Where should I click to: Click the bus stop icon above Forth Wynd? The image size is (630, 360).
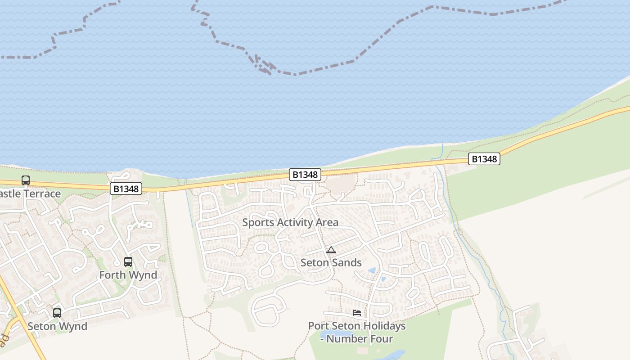[128, 261]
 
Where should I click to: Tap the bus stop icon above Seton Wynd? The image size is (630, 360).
[57, 313]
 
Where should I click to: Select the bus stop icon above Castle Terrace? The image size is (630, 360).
[26, 180]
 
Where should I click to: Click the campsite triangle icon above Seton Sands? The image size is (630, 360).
[331, 250]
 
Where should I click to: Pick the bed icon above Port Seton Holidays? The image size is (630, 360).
[357, 312]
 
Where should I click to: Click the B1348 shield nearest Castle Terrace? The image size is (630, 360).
[126, 189]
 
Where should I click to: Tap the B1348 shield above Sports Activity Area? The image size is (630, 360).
[305, 175]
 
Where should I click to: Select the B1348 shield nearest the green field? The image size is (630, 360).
[484, 159]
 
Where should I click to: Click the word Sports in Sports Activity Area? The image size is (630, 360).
[258, 222]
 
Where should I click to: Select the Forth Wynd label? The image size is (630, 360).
[128, 275]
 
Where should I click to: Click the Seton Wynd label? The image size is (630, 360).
[58, 326]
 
